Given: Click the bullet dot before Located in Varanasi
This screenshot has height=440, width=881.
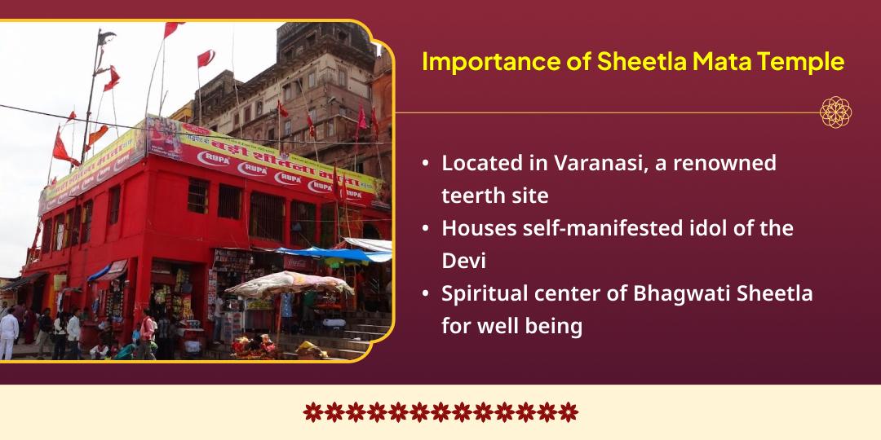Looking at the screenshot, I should [x=426, y=164].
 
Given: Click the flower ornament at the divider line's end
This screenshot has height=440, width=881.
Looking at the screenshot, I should [x=835, y=112].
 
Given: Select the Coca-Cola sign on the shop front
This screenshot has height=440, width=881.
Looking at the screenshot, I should [x=299, y=262].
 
